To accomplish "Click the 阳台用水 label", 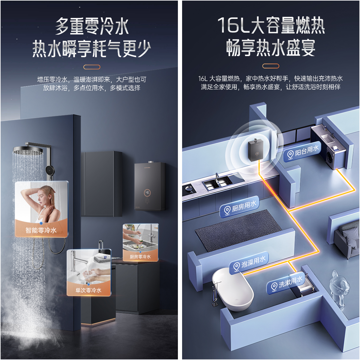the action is click(302, 152).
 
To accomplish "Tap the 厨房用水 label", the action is click(239, 207).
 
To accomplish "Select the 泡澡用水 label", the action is click(249, 263).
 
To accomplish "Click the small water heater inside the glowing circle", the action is click(256, 151).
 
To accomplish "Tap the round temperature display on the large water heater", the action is click(147, 192).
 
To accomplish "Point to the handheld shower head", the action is click(50, 170).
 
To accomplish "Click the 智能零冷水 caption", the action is click(41, 230).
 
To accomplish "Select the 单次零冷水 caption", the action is click(88, 290).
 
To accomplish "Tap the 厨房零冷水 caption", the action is click(140, 257).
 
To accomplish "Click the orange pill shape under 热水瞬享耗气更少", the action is click(92, 67).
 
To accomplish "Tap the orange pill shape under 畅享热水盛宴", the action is click(271, 66).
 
